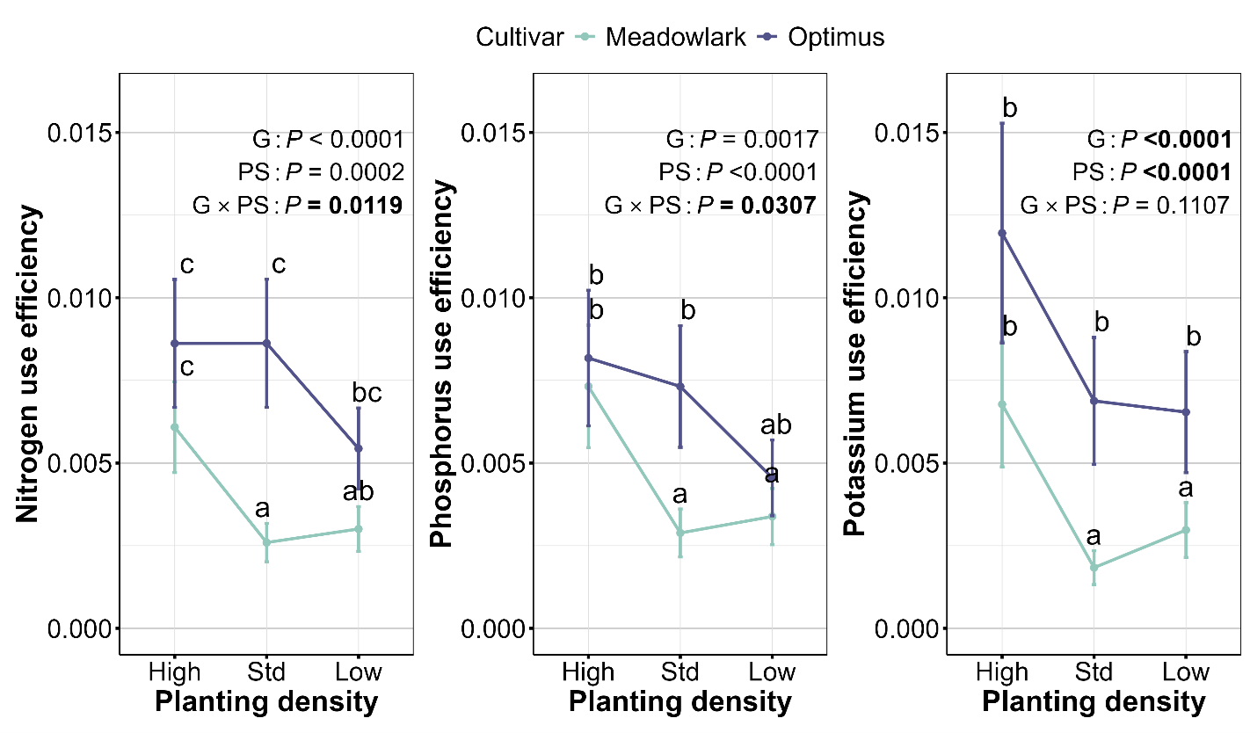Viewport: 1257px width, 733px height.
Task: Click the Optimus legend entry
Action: (x=836, y=37)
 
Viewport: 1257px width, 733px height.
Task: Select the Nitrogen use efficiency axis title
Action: (x=29, y=364)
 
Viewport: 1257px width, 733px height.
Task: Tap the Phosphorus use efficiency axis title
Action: (x=442, y=364)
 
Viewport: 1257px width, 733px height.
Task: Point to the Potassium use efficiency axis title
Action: (x=855, y=364)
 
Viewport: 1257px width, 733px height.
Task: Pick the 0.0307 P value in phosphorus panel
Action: (x=777, y=206)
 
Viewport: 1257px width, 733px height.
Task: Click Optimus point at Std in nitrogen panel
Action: (x=266, y=343)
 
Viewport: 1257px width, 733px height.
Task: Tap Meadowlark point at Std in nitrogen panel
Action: (x=266, y=542)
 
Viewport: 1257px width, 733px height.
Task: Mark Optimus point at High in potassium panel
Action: (x=1001, y=233)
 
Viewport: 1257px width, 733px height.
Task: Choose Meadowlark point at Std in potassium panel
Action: (x=1094, y=567)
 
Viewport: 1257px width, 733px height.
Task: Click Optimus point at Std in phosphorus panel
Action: (x=679, y=387)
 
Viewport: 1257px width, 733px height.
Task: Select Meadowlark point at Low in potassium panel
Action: (x=1186, y=530)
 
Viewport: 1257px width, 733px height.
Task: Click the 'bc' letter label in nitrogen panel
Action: (x=367, y=393)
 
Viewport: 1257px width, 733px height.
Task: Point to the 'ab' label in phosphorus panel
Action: (x=776, y=426)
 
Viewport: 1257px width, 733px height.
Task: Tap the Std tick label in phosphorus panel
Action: (x=679, y=672)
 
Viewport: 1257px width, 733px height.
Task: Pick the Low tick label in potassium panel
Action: (x=1186, y=672)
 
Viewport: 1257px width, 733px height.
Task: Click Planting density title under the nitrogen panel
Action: (x=266, y=703)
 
